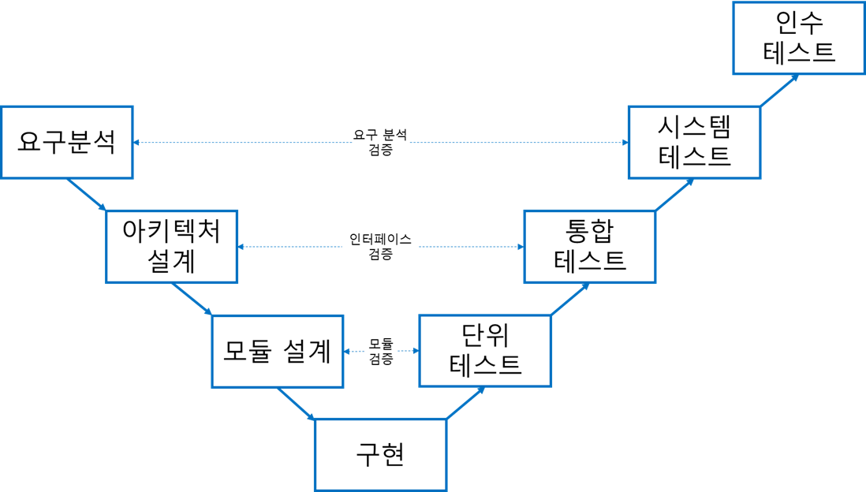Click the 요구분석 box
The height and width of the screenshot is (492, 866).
click(66, 143)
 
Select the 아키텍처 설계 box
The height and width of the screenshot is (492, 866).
click(171, 247)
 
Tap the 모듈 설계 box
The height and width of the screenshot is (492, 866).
click(277, 352)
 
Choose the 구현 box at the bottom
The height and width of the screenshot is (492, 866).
click(380, 455)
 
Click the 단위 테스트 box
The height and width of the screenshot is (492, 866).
click(484, 351)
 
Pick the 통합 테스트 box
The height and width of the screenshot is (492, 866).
click(589, 246)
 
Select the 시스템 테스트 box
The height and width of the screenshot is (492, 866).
click(694, 142)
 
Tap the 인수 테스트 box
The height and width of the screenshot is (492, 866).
click(799, 38)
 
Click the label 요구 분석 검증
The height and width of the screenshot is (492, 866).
click(380, 142)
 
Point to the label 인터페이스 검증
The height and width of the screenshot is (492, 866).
click(380, 246)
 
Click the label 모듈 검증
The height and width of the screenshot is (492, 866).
click(381, 351)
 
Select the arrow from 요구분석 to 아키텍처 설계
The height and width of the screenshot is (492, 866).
click(86, 194)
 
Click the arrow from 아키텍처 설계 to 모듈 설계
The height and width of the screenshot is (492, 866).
click(192, 299)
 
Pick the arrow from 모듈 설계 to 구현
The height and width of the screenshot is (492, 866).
click(297, 403)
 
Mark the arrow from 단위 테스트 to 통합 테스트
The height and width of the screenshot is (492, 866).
click(569, 299)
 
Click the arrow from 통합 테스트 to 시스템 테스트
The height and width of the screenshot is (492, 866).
click(674, 194)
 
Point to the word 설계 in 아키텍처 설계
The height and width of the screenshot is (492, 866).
click(171, 261)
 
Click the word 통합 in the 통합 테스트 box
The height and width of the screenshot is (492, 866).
click(589, 231)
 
